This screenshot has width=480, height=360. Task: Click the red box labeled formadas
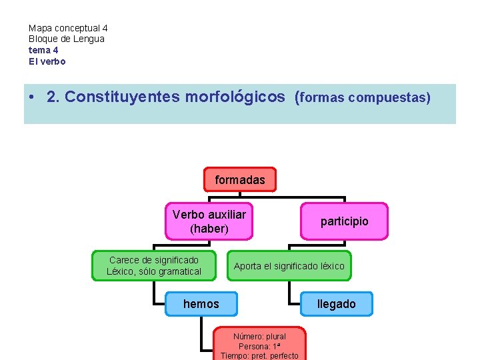pos(239,180)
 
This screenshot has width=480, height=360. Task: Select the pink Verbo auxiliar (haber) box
pos(209,221)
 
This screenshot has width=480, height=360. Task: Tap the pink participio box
pos(344,221)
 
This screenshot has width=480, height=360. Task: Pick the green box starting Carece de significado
pos(154,265)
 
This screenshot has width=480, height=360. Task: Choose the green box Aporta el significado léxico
pos(289,266)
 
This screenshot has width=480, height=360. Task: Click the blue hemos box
pos(201,304)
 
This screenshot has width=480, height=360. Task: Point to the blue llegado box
pos(336,304)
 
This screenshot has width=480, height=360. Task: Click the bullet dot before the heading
pos(32,97)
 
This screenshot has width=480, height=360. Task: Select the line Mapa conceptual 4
pos(68,29)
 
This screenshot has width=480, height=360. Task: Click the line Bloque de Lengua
pos(67,39)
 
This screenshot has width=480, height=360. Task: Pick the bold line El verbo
pos(47,61)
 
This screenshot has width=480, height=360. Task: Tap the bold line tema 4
pos(43,50)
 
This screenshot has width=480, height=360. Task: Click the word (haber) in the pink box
pos(209,229)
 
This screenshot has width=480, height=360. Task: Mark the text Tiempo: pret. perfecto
pos(259,356)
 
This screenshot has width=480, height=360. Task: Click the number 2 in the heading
pos(51,97)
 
